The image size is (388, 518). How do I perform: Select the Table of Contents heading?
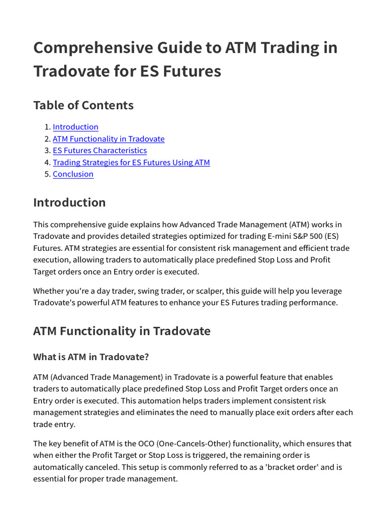[x=83, y=105]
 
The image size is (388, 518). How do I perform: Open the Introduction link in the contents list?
[x=75, y=127]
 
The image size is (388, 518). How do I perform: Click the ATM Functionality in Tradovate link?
[x=109, y=139]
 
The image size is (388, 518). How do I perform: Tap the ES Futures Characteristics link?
[x=100, y=150]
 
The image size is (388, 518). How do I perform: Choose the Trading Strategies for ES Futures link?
[x=131, y=162]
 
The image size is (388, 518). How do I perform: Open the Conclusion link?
[x=73, y=174]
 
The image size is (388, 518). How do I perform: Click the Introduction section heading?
[x=69, y=202]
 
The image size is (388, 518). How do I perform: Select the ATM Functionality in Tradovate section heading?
[x=121, y=331]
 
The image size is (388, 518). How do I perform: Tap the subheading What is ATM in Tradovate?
[x=91, y=357]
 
